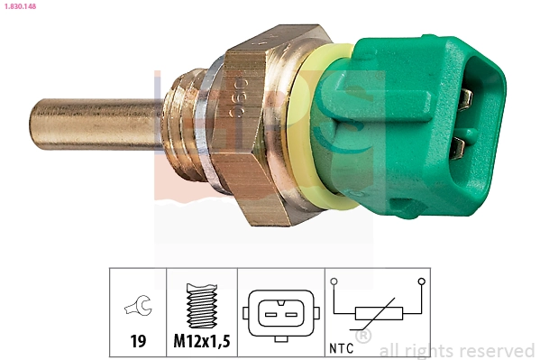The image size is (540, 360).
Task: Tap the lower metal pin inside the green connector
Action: [459, 143]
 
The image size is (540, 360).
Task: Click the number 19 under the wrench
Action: [138, 343]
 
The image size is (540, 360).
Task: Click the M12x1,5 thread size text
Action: [203, 343]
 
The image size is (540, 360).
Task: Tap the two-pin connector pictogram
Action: [279, 312]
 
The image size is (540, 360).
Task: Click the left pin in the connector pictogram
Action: [270, 313]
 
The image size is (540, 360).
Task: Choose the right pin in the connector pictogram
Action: [288, 313]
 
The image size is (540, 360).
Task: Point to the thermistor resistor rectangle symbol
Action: [378, 315]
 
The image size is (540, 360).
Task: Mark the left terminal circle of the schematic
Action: [335, 282]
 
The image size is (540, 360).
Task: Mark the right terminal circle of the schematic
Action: [421, 282]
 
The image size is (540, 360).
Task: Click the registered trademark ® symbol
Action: [362, 337]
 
